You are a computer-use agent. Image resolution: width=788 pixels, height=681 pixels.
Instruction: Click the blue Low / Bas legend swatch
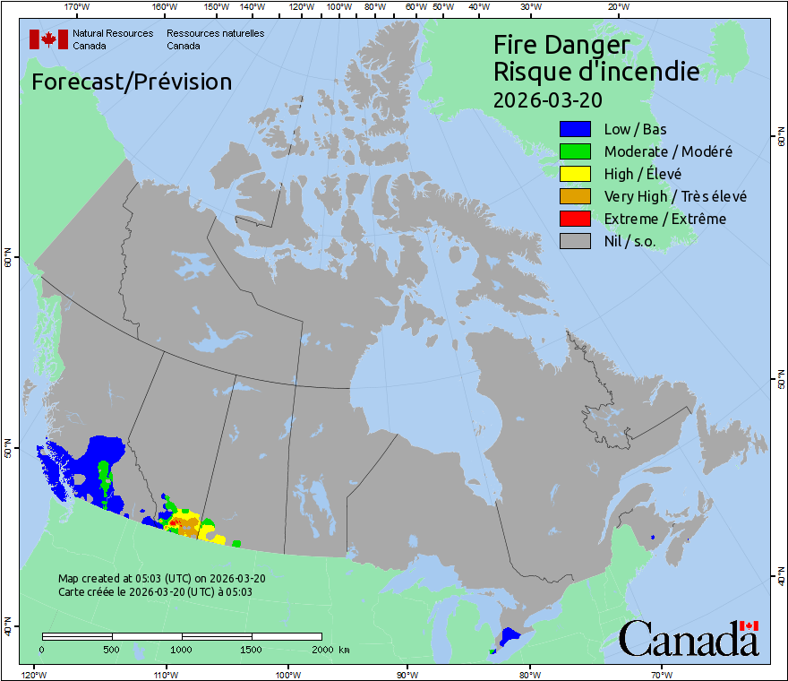click(575, 129)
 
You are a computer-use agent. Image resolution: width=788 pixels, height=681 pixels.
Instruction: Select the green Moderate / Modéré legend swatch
click(575, 151)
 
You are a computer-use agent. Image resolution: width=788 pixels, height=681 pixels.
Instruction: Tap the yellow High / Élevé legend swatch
click(575, 174)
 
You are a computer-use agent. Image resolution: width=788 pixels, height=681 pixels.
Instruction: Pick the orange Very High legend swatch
click(575, 196)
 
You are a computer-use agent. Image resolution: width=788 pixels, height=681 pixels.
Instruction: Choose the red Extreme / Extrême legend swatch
click(575, 219)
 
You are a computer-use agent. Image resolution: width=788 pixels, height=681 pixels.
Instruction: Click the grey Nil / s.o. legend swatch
click(575, 241)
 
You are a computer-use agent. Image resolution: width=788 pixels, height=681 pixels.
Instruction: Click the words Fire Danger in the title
click(561, 45)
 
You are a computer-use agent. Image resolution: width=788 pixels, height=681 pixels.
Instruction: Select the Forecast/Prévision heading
click(132, 82)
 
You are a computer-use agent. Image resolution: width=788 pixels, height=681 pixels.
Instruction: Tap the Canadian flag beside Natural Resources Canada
click(48, 39)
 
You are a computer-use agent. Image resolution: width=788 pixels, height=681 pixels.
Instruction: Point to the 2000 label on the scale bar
click(321, 650)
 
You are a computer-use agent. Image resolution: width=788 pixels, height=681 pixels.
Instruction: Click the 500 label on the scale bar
click(112, 650)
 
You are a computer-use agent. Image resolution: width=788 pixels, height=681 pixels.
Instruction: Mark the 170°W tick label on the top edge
click(78, 7)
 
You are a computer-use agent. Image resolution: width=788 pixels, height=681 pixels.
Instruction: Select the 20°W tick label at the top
click(617, 7)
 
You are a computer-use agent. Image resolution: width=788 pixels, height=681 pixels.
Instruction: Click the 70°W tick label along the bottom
click(661, 674)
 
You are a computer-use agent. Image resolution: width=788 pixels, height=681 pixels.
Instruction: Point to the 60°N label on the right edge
click(779, 140)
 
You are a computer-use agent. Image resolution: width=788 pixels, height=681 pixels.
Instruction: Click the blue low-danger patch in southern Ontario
click(510, 636)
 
